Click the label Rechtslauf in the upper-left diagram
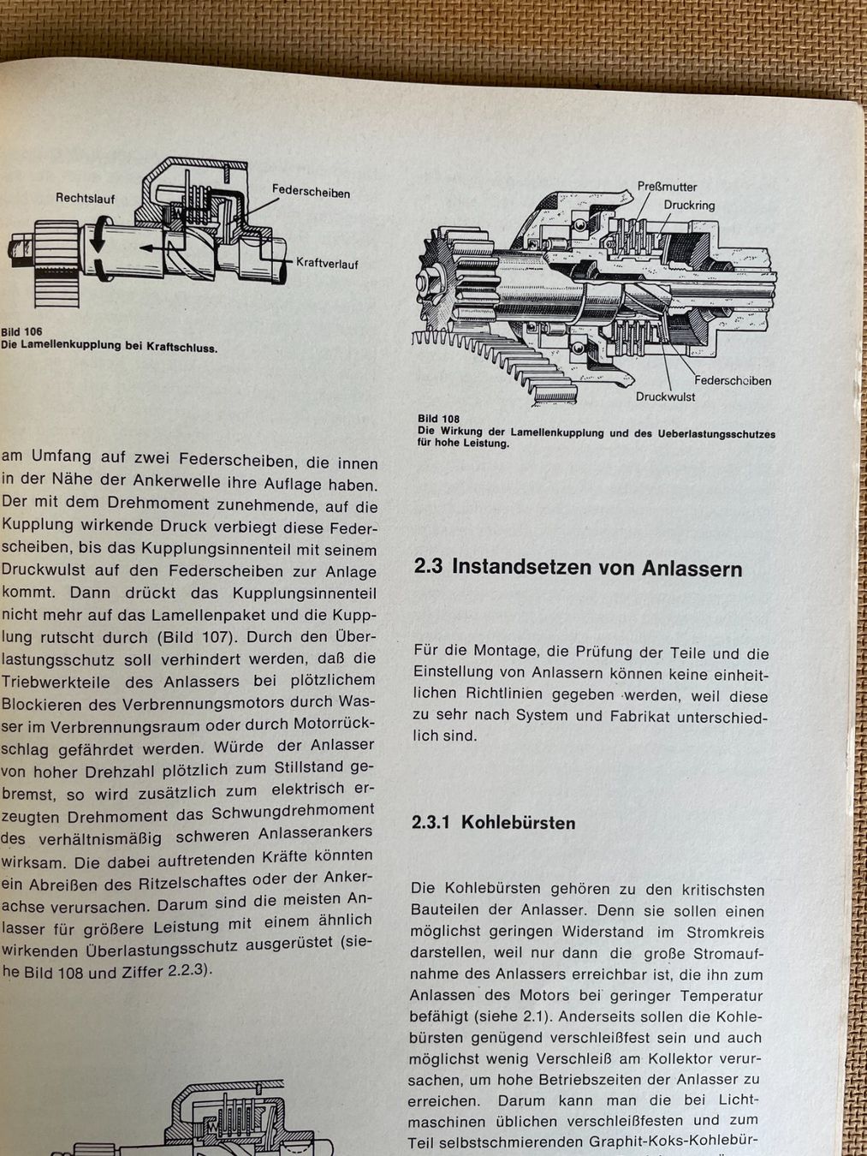85,199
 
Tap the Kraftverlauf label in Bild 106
327,263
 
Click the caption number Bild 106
21,331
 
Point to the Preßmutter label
667,187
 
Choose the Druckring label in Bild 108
689,206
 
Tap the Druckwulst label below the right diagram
665,396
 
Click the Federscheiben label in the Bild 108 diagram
733,381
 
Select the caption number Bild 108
439,419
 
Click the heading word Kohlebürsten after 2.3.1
518,823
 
